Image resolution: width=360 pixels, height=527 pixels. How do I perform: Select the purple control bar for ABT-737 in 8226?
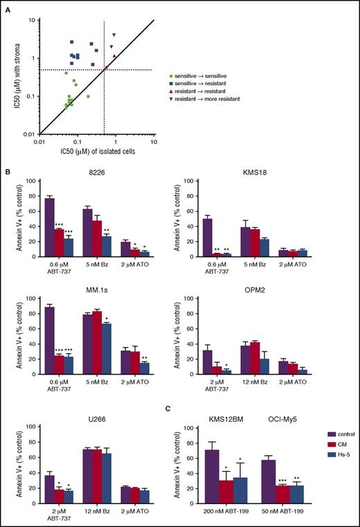click(51, 231)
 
